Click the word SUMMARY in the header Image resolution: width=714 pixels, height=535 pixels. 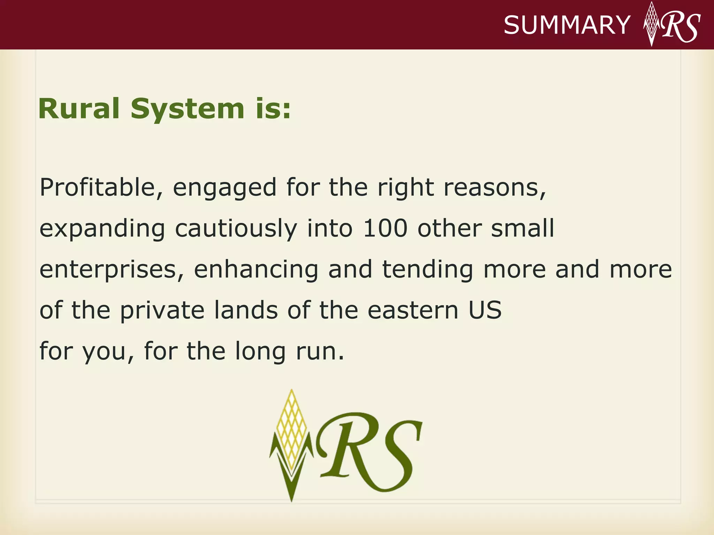(x=567, y=25)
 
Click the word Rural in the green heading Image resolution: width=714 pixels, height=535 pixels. (x=79, y=109)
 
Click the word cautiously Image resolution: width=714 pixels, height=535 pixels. (x=236, y=229)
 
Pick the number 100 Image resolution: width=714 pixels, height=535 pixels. (x=385, y=228)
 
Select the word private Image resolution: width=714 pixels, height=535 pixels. (x=162, y=311)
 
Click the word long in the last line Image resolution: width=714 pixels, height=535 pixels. (x=260, y=352)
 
